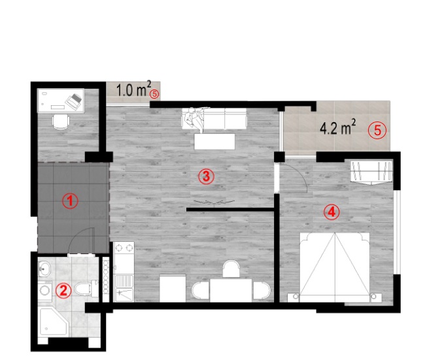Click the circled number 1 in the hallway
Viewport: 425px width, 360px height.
click(x=70, y=201)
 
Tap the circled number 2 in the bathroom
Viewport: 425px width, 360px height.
click(x=63, y=291)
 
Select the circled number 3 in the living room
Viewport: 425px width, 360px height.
click(x=206, y=176)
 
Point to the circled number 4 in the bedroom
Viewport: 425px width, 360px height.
click(x=331, y=212)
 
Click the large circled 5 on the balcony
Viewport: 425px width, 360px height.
click(x=377, y=130)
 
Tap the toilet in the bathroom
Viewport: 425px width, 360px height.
click(x=86, y=289)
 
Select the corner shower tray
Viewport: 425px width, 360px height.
click(x=53, y=321)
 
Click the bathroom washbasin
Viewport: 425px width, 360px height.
click(x=44, y=269)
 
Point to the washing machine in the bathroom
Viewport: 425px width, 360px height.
click(x=44, y=291)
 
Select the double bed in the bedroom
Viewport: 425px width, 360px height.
click(x=335, y=267)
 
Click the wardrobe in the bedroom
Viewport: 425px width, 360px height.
click(x=371, y=172)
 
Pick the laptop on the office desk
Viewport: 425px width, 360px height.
click(x=74, y=101)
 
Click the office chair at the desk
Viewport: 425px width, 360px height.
click(x=60, y=122)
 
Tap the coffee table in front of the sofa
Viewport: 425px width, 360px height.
click(x=214, y=141)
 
